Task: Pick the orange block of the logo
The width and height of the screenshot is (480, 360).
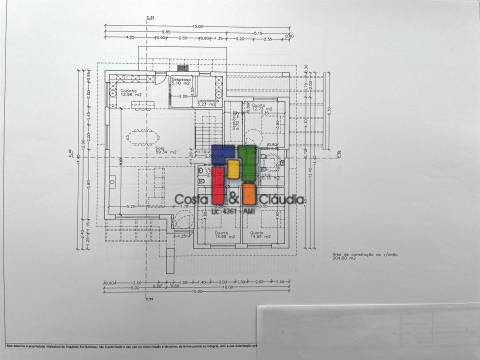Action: pos(249,193)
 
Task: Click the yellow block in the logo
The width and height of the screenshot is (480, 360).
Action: pos(233,168)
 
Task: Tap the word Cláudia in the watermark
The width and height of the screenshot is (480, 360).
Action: pos(281,200)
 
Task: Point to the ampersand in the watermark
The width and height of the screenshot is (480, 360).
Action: pos(232,198)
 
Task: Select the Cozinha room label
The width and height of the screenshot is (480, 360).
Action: pos(131,93)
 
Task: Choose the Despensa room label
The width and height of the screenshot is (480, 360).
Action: pos(181,81)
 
